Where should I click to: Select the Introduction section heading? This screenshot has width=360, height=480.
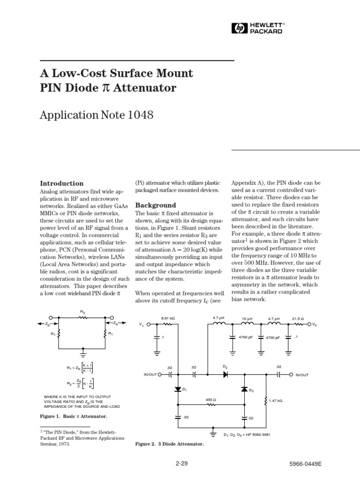[x=62, y=183]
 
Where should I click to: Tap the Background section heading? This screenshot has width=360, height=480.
[x=156, y=205]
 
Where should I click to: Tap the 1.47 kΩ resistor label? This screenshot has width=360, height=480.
[x=276, y=401]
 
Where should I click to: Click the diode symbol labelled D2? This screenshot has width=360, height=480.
[x=225, y=375]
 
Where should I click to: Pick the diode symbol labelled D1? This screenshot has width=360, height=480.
[x=179, y=389]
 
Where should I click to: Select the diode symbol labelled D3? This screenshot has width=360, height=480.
[x=244, y=389]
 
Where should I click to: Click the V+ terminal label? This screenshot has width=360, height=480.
[x=142, y=325]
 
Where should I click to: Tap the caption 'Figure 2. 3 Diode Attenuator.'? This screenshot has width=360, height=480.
[x=169, y=443]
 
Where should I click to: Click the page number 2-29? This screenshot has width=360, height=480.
[x=181, y=463]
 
